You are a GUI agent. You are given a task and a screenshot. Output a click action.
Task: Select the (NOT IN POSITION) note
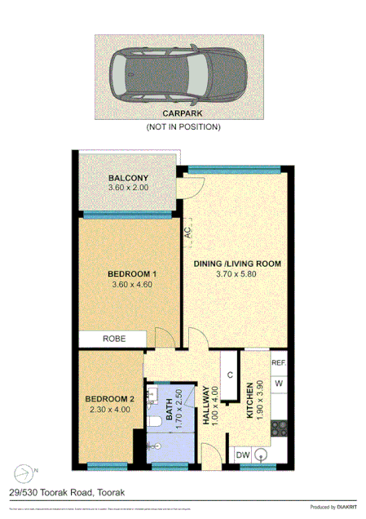(x=183, y=128)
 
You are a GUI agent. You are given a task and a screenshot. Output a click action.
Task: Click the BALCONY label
(x=127, y=179)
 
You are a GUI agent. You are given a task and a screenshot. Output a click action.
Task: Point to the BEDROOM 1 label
(x=132, y=273)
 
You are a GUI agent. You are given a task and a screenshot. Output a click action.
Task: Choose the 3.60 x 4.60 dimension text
(x=132, y=285)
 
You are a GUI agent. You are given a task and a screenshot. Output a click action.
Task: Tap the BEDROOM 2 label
(x=108, y=399)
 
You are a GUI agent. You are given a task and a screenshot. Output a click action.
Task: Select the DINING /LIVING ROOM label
(x=237, y=264)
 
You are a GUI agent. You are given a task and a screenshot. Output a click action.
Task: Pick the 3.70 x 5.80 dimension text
(x=237, y=275)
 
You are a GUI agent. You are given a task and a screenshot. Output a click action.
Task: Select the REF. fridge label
(x=278, y=363)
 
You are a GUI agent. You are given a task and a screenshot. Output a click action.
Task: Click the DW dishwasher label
(x=242, y=455)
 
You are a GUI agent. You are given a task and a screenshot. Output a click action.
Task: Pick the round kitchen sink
(x=263, y=455)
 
